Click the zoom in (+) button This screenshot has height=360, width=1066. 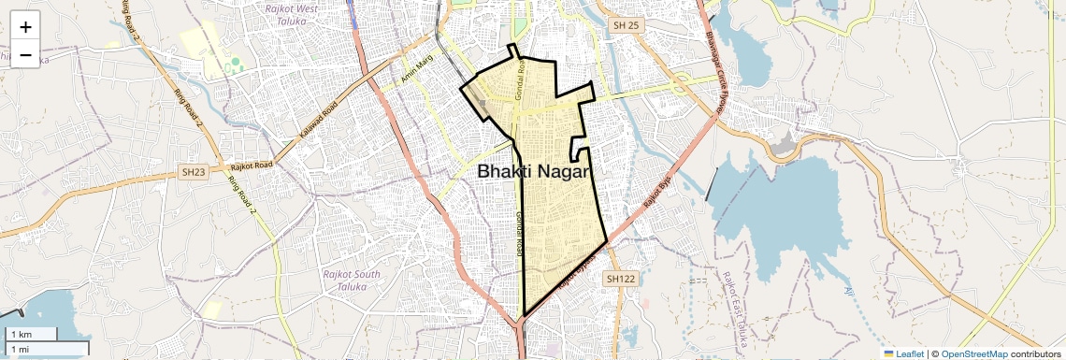[25, 27]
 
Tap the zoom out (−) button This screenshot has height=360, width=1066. [25, 55]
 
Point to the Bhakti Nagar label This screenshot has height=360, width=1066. [536, 172]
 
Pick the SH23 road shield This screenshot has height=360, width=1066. [194, 172]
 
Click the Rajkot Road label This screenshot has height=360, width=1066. [252, 166]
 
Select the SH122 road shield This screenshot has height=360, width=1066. [619, 279]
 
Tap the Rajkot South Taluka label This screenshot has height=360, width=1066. [351, 281]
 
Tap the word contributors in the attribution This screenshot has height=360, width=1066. [1036, 353]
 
